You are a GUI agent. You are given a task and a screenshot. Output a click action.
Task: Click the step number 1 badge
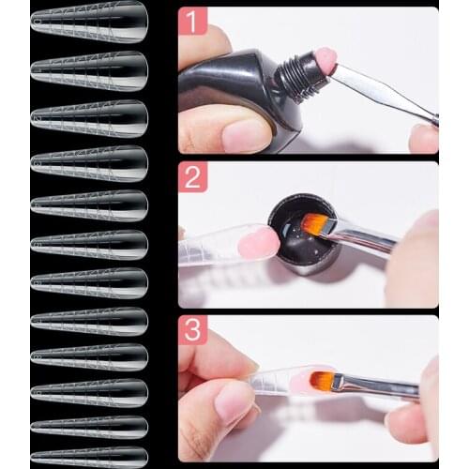tap(192, 21)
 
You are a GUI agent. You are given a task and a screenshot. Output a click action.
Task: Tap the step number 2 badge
tap(192, 175)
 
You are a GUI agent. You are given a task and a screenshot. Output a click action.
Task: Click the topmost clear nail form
tap(89, 20)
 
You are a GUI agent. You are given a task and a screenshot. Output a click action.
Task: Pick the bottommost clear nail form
tap(89, 457)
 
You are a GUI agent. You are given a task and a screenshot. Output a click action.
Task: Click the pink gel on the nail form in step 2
tap(257, 243)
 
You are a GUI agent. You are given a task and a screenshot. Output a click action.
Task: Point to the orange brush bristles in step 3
tap(323, 379)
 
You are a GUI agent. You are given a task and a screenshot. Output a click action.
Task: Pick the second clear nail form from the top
tap(89, 68)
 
